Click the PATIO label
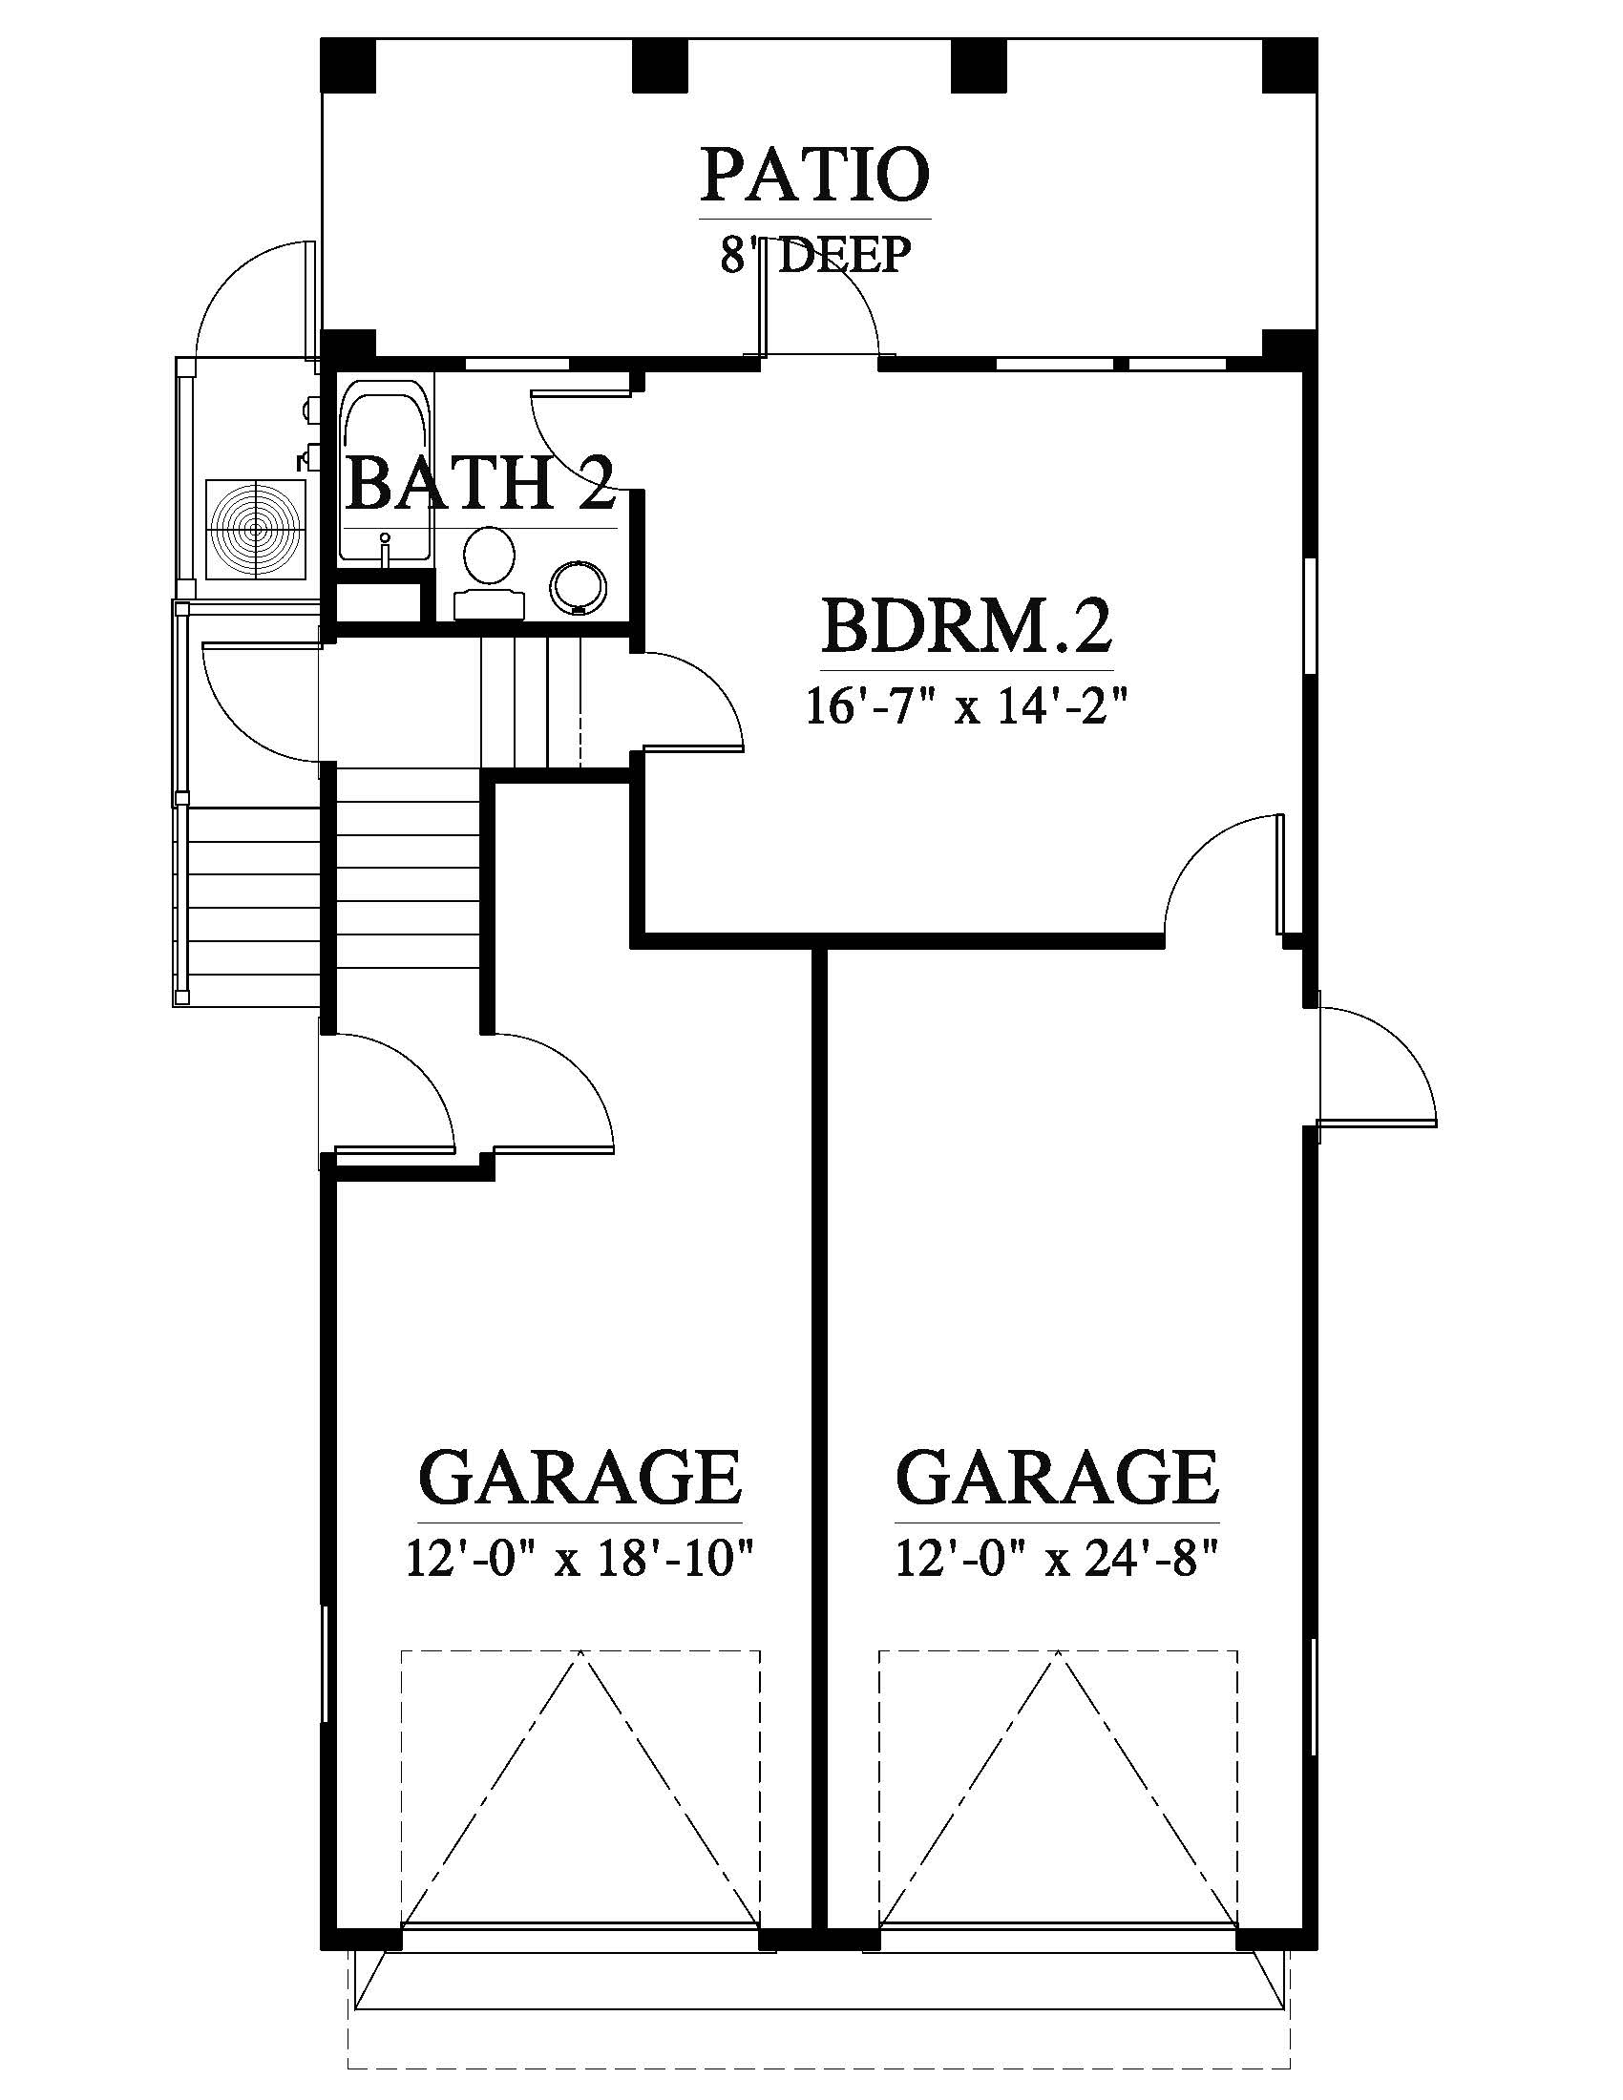click(815, 175)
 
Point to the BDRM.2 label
click(966, 626)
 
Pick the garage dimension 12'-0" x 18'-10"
click(579, 1559)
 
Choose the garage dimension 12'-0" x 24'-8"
click(1058, 1559)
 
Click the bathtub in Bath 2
click(386, 472)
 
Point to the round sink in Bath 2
click(580, 587)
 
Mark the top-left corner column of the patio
click(348, 65)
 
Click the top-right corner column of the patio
click(1289, 65)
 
